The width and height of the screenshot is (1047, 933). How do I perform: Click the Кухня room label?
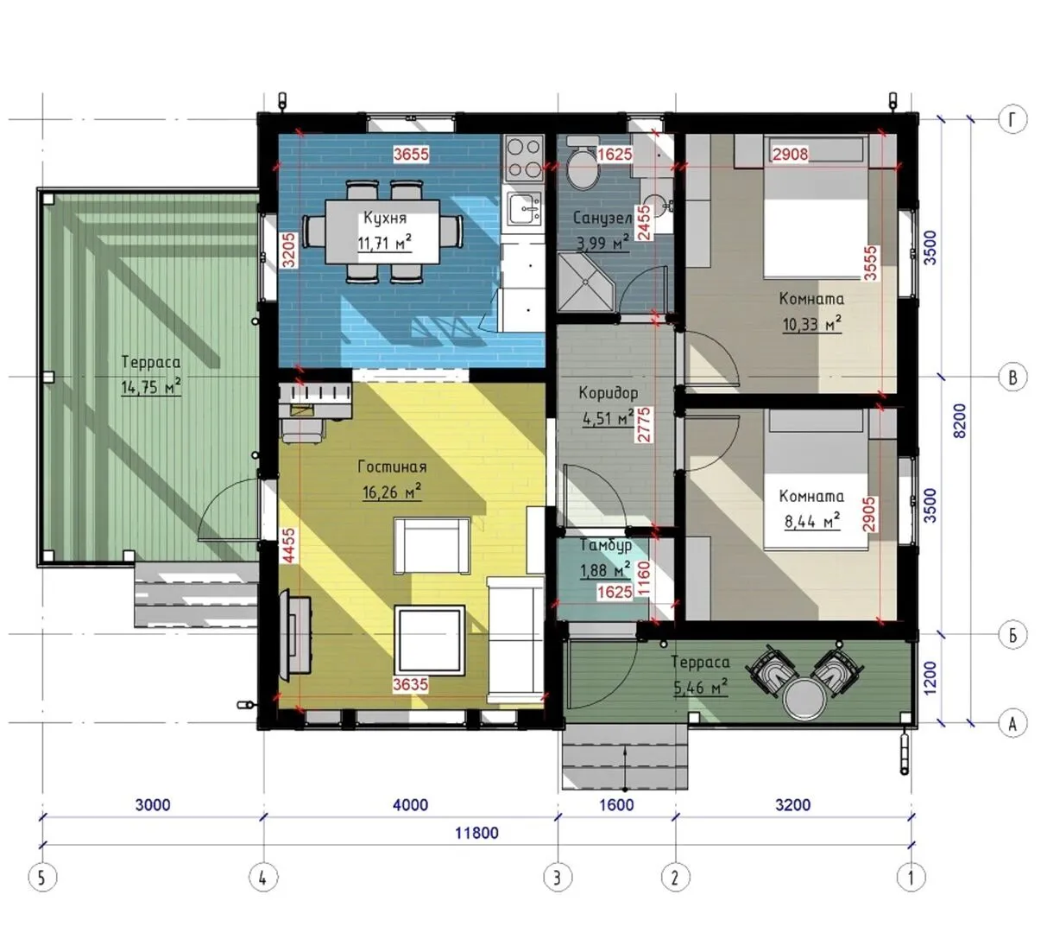(x=384, y=218)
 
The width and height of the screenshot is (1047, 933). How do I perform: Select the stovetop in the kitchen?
(x=524, y=158)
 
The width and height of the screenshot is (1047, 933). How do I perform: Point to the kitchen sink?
(x=524, y=209)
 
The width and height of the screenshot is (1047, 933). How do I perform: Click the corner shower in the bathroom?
(x=587, y=282)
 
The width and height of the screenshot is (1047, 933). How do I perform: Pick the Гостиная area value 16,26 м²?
(x=392, y=492)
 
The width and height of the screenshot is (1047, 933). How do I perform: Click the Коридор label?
(x=608, y=393)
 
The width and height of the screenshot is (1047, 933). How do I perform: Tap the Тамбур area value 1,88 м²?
(x=605, y=570)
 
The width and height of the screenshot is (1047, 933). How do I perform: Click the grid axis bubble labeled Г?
(x=1012, y=119)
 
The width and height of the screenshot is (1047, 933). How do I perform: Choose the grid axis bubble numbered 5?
(x=42, y=877)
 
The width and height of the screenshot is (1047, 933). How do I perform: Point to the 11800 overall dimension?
(x=476, y=833)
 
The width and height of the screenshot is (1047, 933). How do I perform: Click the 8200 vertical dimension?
(x=959, y=421)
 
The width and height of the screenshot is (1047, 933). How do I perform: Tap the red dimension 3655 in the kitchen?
(x=411, y=154)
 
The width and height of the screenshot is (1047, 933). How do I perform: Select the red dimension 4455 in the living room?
(x=289, y=544)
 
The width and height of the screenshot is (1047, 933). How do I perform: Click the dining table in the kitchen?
(x=382, y=232)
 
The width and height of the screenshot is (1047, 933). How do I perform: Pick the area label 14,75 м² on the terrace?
(x=151, y=386)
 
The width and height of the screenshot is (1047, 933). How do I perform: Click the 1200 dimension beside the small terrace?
(x=930, y=678)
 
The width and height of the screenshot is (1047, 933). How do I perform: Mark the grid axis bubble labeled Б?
(x=1012, y=635)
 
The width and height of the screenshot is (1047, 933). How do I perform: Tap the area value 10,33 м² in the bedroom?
(x=811, y=324)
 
